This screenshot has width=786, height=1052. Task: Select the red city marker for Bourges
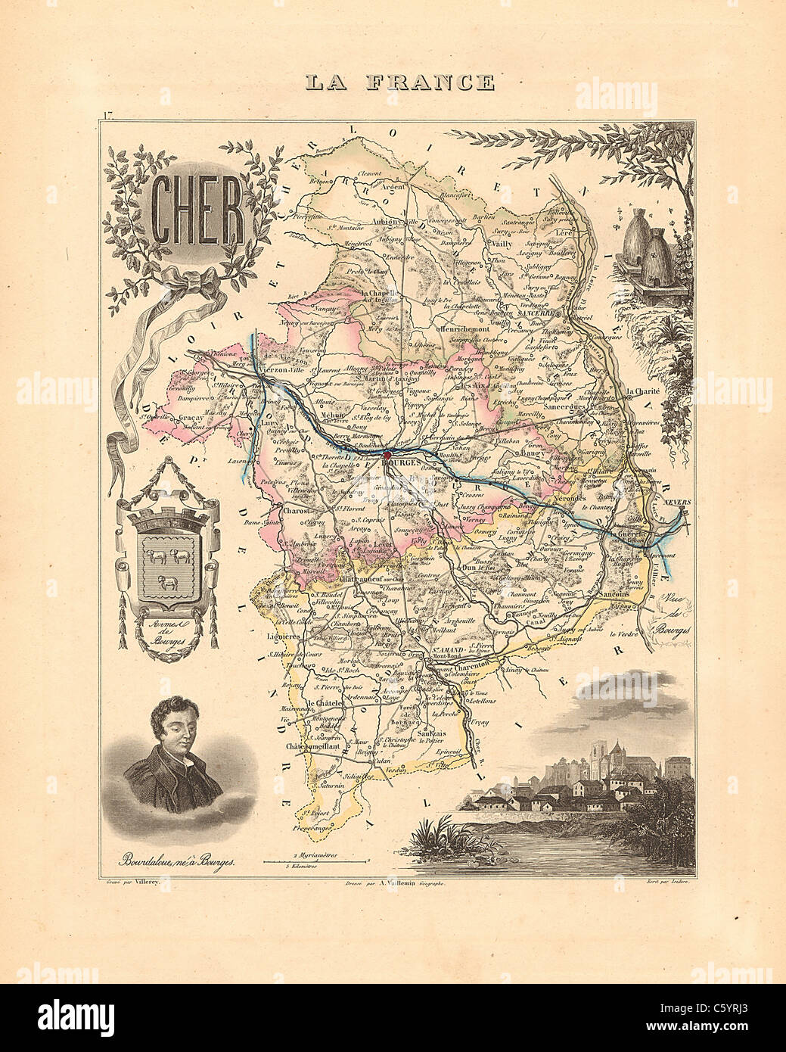pos(387,455)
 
